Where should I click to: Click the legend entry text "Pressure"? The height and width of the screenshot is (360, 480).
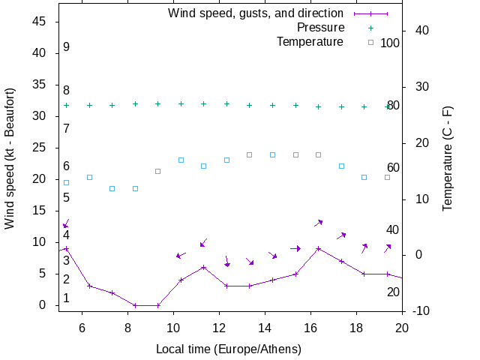pos(319,28)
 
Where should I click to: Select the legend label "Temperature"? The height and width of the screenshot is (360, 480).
pos(310,42)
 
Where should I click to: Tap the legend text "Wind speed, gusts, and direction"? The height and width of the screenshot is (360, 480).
pos(255,13)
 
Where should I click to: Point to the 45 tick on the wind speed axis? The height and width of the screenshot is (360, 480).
pos(40,22)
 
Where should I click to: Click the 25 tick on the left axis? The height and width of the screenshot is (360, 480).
pos(40,148)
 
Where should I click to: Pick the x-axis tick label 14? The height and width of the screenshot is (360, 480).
pos(265,327)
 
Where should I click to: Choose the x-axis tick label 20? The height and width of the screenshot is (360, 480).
pos(402,327)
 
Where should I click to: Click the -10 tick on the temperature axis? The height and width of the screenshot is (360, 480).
pos(421,310)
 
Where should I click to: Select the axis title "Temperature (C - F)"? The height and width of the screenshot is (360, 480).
pos(447,157)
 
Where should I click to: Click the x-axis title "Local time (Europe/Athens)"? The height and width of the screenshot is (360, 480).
pos(228,349)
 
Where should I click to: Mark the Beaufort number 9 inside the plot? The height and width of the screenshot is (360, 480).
pos(66,47)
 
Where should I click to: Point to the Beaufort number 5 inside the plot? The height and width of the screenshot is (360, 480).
pos(66,198)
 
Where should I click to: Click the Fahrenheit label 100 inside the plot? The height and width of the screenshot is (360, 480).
pos(390,43)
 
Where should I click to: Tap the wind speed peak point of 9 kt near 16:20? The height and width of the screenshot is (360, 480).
pos(319,248)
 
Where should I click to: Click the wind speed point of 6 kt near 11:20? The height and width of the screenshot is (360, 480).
pos(204,267)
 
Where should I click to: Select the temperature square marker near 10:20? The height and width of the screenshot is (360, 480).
pos(181,160)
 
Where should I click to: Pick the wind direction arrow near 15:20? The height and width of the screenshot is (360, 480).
pos(295,248)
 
